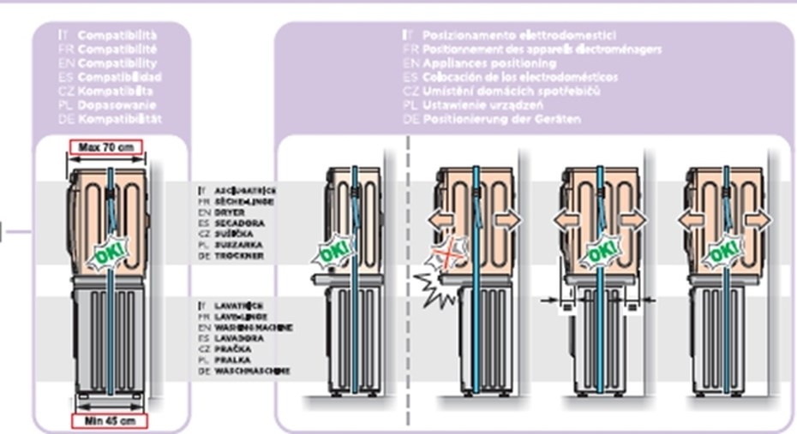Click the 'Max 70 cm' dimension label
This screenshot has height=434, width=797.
click(x=107, y=147)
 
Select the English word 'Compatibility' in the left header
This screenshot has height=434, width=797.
click(x=117, y=63)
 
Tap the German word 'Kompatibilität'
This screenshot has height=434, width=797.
click(x=119, y=119)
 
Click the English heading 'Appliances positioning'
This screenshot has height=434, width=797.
click(x=488, y=63)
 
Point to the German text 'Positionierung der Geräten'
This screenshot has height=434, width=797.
click(x=501, y=119)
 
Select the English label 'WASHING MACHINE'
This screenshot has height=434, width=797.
click(x=255, y=327)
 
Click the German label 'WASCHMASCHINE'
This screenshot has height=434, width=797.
click(x=253, y=372)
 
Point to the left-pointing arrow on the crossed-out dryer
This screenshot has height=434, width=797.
click(x=442, y=220)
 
